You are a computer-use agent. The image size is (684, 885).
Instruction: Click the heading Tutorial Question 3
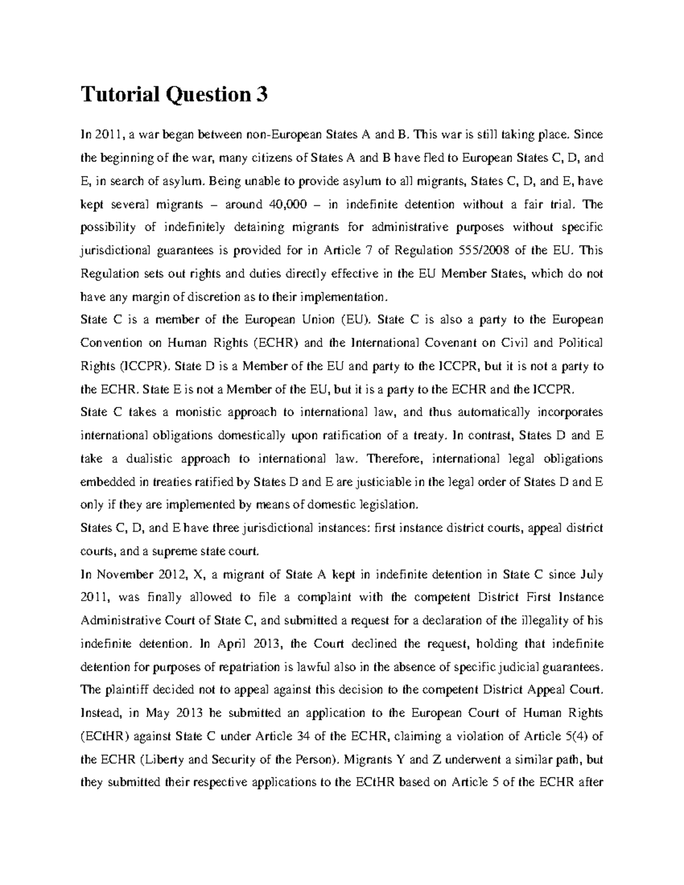point(174,95)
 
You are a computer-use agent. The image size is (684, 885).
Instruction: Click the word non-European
point(284,135)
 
